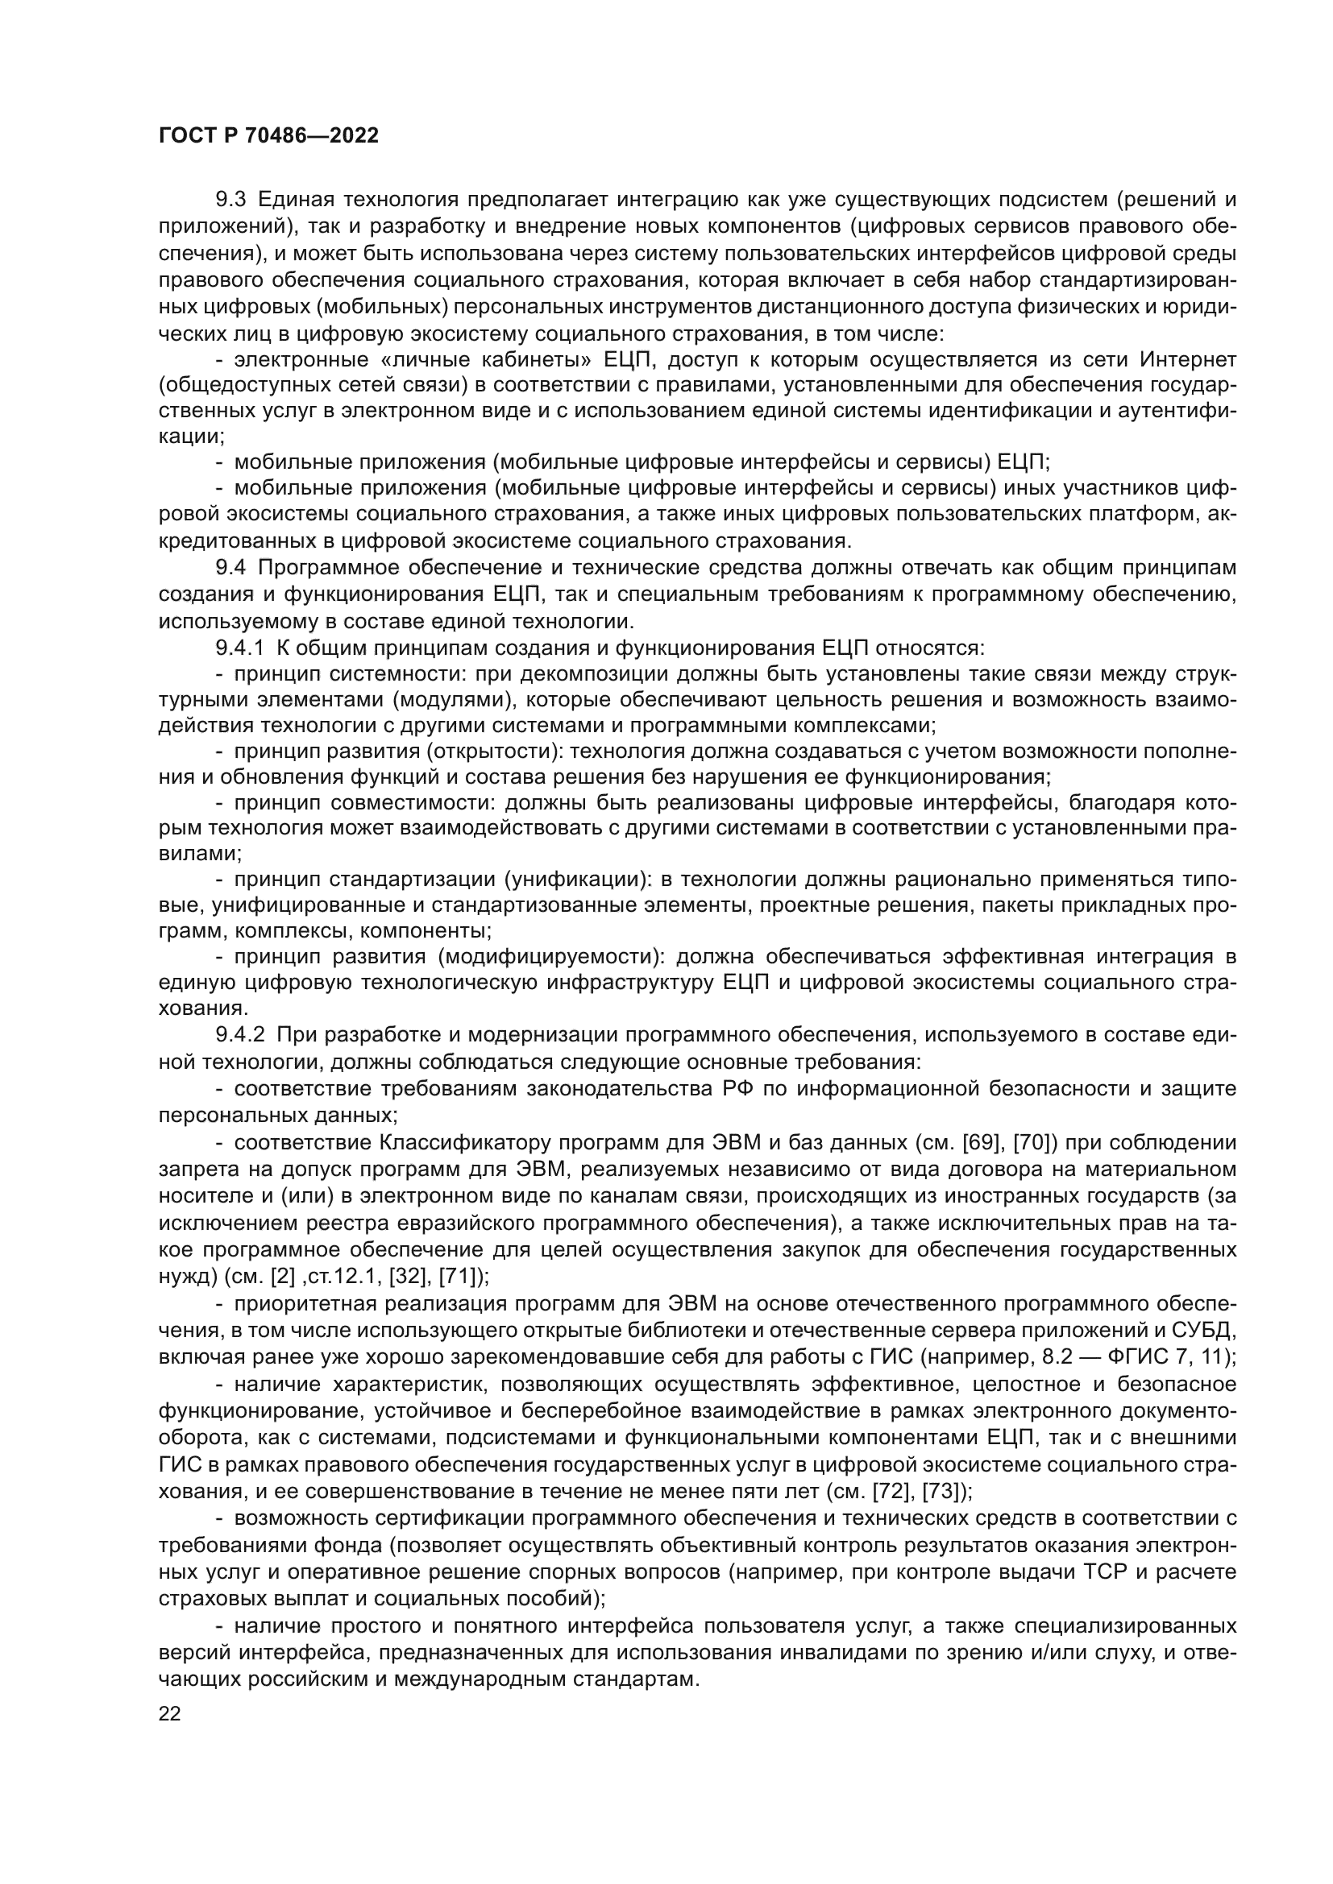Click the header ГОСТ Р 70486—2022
pos(268,136)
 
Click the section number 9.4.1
pos(239,648)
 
